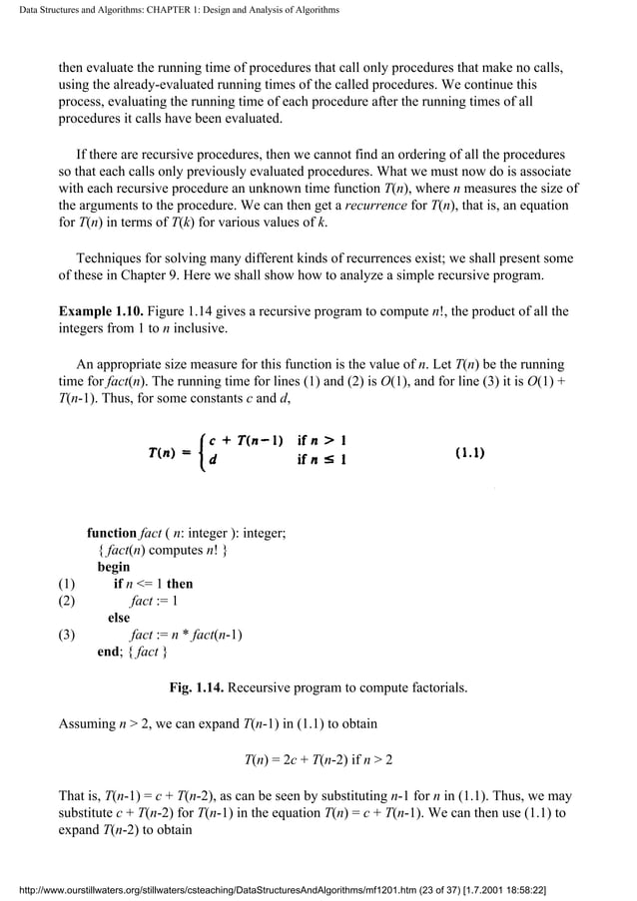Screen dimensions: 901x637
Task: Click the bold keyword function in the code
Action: pos(112,534)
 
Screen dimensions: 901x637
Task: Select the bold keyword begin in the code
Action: pos(113,567)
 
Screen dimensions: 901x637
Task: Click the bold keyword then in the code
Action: pos(180,584)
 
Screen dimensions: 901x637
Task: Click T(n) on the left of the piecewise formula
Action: pos(165,452)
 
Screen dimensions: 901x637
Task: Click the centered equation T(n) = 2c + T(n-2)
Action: pos(318,759)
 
